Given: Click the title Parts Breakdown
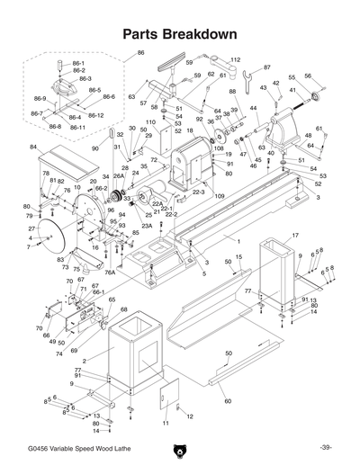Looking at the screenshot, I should [x=179, y=34].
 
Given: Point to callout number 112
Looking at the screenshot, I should [x=235, y=60].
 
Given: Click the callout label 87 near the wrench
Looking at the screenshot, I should [x=266, y=67].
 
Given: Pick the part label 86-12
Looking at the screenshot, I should [x=94, y=115].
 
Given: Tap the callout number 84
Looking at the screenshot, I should [x=33, y=147].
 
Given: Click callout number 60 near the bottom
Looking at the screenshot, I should [x=227, y=400].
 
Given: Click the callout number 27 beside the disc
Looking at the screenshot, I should [x=31, y=229].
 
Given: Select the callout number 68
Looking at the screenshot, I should [x=125, y=310].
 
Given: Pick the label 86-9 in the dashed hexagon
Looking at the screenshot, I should [x=40, y=97].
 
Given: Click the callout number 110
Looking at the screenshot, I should [x=150, y=122].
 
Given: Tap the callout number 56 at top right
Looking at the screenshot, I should [x=308, y=76].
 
